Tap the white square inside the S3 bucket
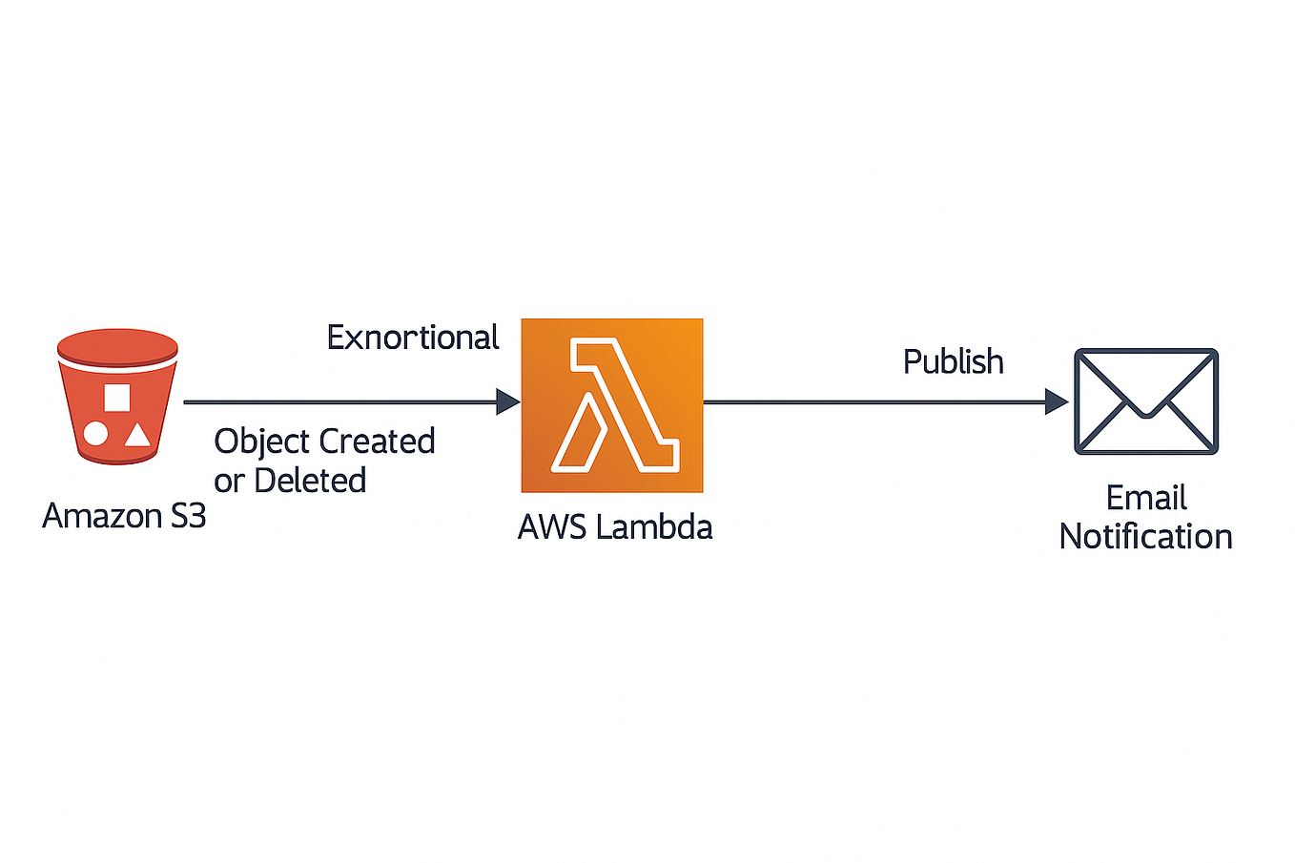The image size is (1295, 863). pos(116,397)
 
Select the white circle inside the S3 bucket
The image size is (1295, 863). pos(95,434)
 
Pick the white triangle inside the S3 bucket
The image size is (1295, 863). pos(138,436)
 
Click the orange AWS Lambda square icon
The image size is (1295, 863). pos(611,405)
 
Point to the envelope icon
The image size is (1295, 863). pos(1145,401)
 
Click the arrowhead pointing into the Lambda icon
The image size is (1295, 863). pos(507,401)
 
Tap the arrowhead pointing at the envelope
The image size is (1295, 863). pos(1056,401)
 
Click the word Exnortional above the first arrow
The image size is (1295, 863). pos(412,338)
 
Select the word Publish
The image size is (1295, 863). pos(953,362)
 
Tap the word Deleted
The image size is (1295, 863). pos(310,480)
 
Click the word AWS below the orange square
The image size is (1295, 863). pos(551,527)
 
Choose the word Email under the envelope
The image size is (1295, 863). pos(1145,498)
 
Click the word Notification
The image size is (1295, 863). pos(1145,537)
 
